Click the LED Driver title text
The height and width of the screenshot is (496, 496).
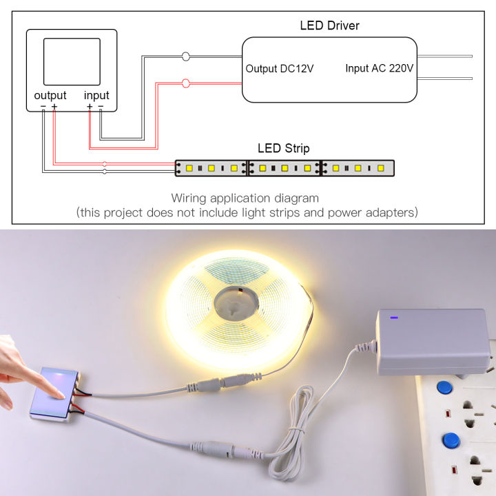pyautogui.click(x=329, y=26)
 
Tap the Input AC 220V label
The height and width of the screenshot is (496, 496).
pyautogui.click(x=379, y=69)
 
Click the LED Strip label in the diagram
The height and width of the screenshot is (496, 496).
pyautogui.click(x=283, y=148)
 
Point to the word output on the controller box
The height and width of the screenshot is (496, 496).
pyautogui.click(x=50, y=95)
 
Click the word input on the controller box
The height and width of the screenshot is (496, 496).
pyautogui.click(x=96, y=95)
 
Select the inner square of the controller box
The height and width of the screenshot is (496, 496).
pyautogui.click(x=72, y=61)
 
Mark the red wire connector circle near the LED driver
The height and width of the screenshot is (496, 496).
pyautogui.click(x=185, y=83)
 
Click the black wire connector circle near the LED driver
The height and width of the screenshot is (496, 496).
pyautogui.click(x=185, y=56)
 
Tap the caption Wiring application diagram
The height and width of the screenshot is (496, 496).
pyautogui.click(x=245, y=198)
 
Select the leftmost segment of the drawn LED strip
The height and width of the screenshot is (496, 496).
pyautogui.click(x=211, y=167)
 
